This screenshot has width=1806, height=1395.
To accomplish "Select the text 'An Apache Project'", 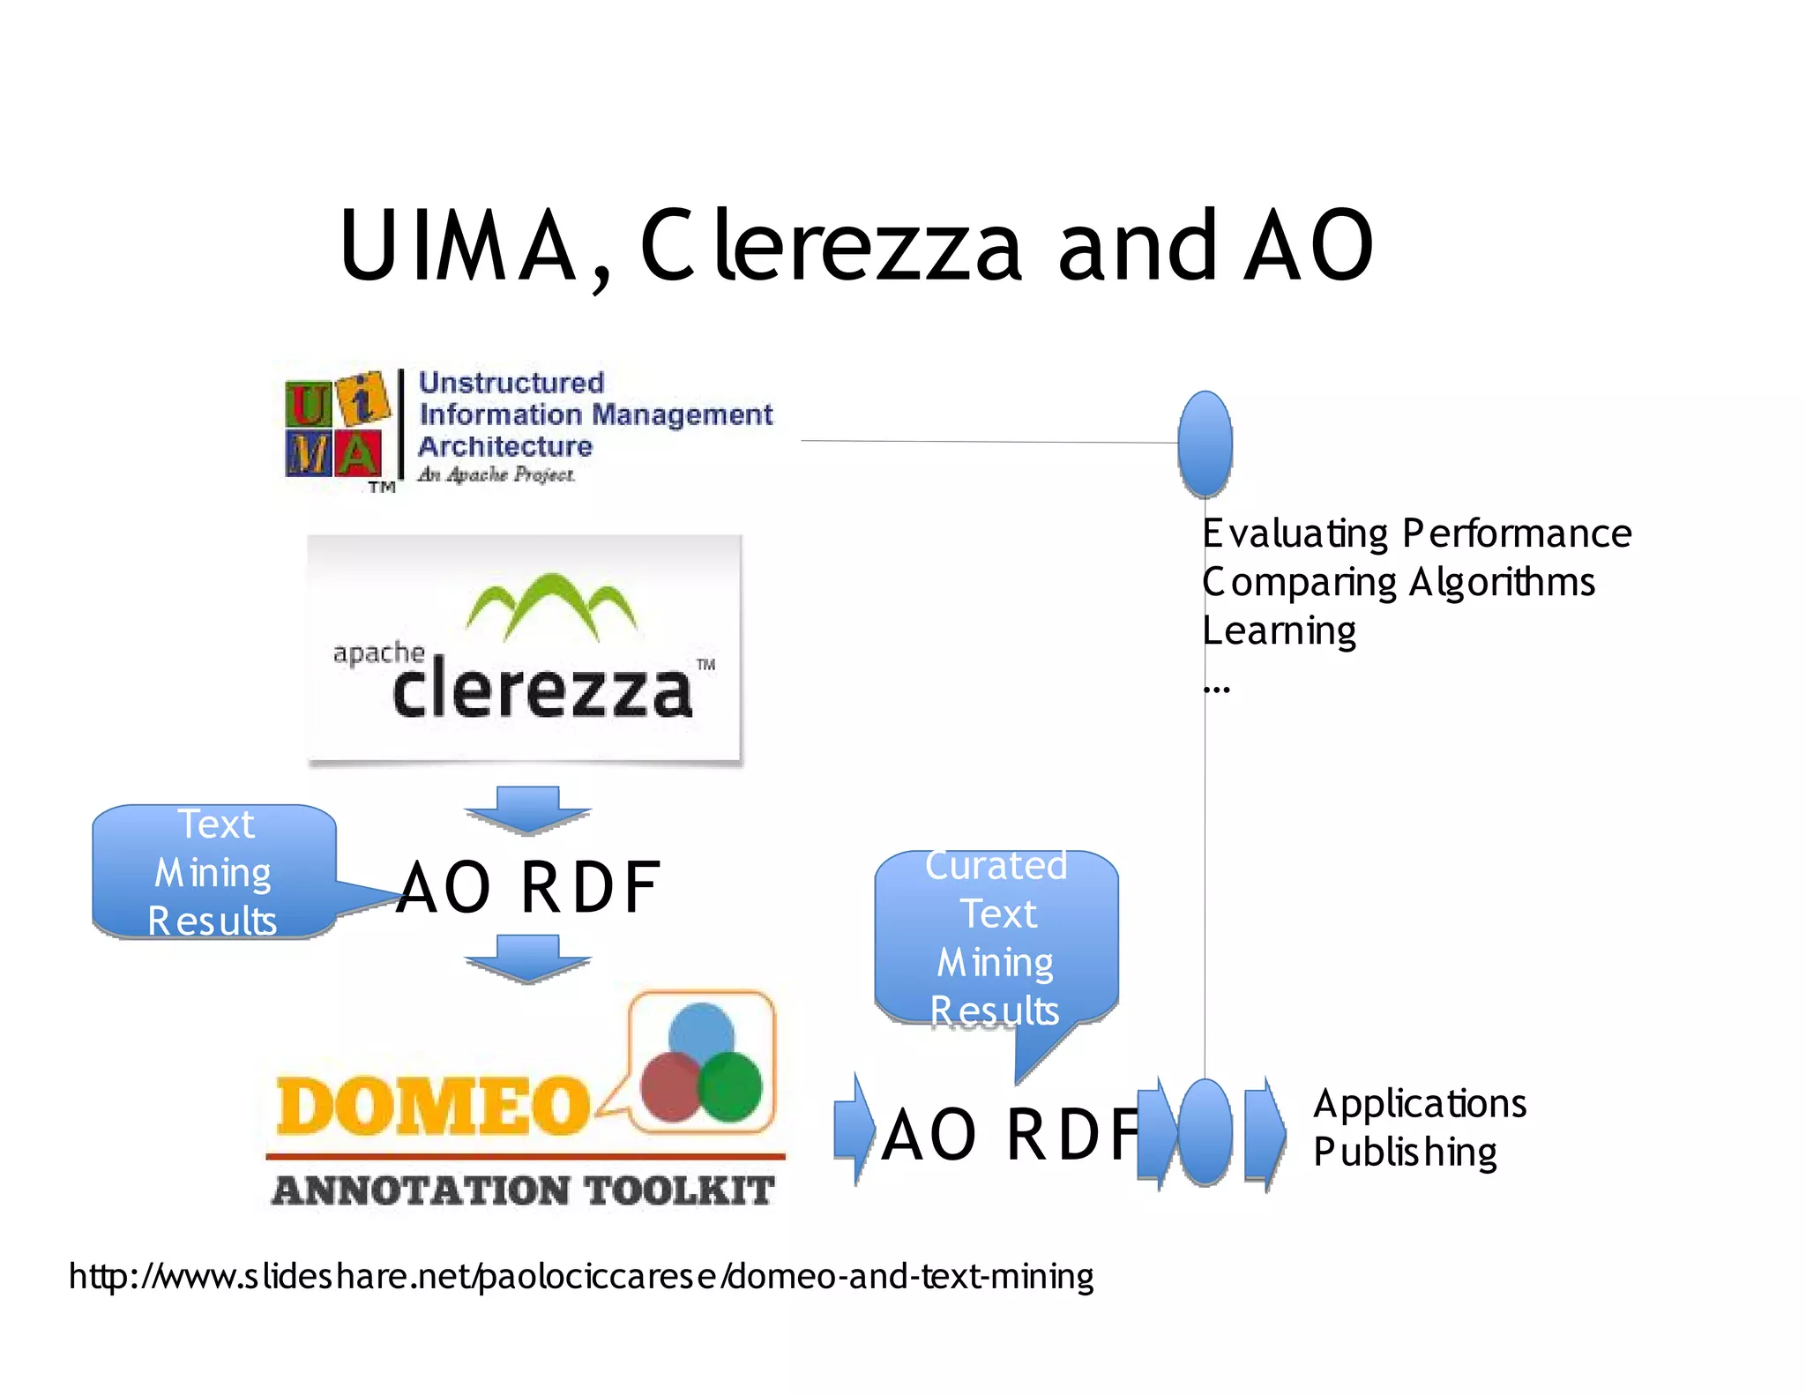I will click(x=496, y=474).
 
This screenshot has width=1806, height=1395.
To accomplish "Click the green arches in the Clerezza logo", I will click(x=551, y=604).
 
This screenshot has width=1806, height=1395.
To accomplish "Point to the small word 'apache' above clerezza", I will click(x=378, y=653).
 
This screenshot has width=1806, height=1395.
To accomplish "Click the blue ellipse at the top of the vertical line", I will click(x=1205, y=444).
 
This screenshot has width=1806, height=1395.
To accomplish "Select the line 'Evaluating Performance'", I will click(x=1416, y=533).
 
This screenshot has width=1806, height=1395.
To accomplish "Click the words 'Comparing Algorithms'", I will click(x=1399, y=582).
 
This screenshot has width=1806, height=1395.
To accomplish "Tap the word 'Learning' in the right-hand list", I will click(x=1279, y=630).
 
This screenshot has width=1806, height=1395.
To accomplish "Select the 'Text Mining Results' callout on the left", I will click(x=213, y=871).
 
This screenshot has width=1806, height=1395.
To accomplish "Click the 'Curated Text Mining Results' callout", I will click(x=996, y=938).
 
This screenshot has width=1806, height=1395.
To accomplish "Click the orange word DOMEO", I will click(x=432, y=1106).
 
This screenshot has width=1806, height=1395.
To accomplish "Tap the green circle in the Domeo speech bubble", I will click(x=730, y=1086).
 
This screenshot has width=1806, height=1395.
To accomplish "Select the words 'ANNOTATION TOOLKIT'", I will click(x=523, y=1190).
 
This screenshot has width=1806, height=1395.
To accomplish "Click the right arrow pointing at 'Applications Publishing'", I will click(x=1265, y=1133).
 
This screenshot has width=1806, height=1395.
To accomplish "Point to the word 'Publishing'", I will click(x=1405, y=1153).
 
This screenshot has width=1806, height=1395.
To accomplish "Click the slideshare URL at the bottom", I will click(x=581, y=1276).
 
